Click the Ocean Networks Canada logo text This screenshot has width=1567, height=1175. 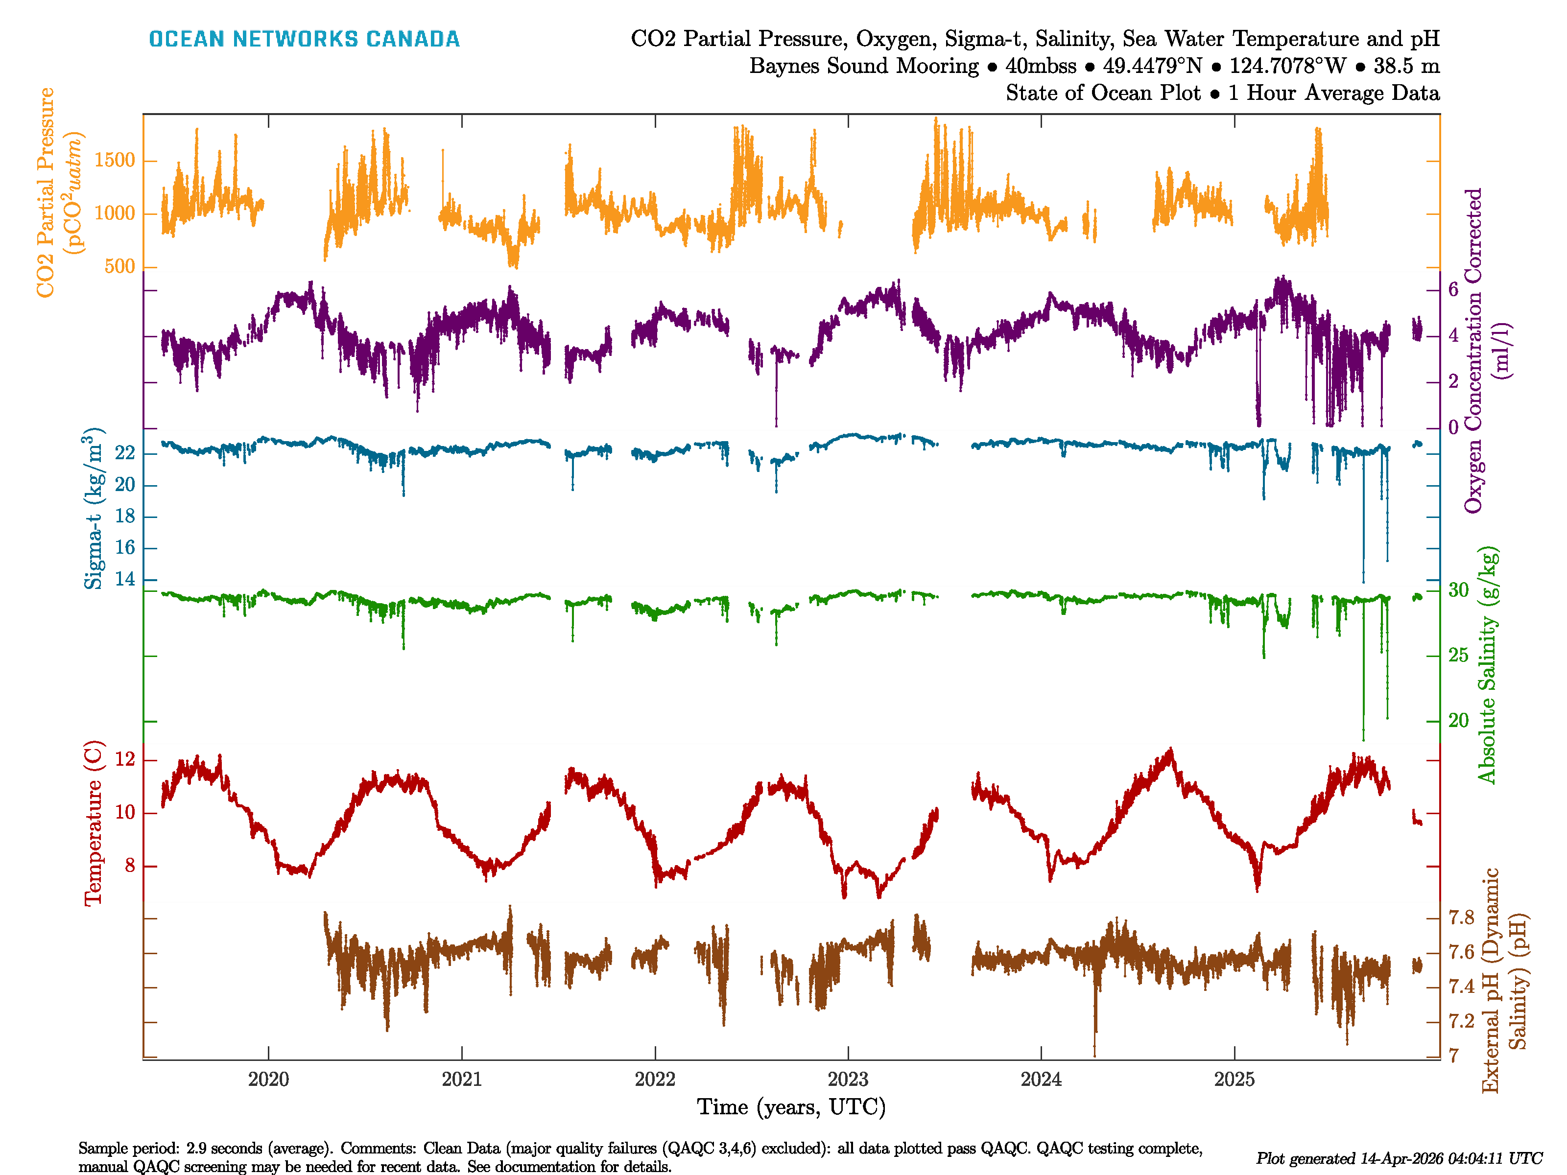click(x=304, y=39)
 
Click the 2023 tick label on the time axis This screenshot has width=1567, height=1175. click(x=848, y=1080)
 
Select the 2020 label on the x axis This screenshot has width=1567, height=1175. click(x=268, y=1080)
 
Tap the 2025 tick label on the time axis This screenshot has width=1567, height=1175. click(x=1234, y=1080)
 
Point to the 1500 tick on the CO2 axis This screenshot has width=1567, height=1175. click(x=114, y=161)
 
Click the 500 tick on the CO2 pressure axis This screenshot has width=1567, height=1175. click(x=119, y=267)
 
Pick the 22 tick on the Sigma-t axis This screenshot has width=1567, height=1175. click(x=125, y=453)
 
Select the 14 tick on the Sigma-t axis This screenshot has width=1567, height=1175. click(x=125, y=579)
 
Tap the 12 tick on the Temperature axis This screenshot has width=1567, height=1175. click(x=125, y=760)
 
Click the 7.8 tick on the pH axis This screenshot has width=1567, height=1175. click(x=1461, y=918)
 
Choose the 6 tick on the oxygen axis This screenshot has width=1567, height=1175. click(x=1453, y=290)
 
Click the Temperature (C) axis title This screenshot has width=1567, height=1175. click(x=94, y=823)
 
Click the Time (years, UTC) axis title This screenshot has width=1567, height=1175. click(x=791, y=1107)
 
